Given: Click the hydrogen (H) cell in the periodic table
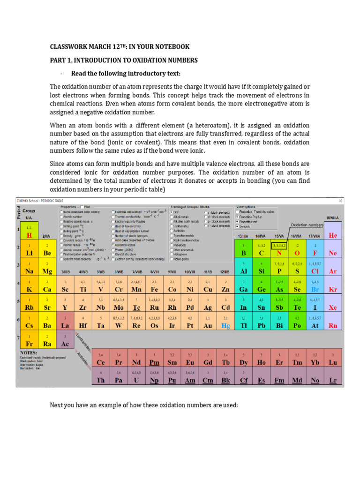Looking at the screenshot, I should (x=29, y=232).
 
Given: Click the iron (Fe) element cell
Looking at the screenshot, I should (x=155, y=289).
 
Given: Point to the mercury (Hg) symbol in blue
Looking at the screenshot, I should (x=225, y=325).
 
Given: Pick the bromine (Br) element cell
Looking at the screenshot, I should (x=315, y=289).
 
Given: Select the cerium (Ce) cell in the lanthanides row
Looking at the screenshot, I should (x=100, y=362).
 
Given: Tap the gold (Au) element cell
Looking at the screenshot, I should (x=208, y=325).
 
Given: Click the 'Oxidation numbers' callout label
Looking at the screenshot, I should (x=307, y=225).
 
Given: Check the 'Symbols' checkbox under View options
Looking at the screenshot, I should (x=238, y=226).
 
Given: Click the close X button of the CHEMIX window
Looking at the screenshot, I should (x=340, y=201).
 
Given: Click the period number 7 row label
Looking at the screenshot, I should (x=19, y=337).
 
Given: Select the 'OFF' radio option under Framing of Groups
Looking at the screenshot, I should (x=172, y=211).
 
